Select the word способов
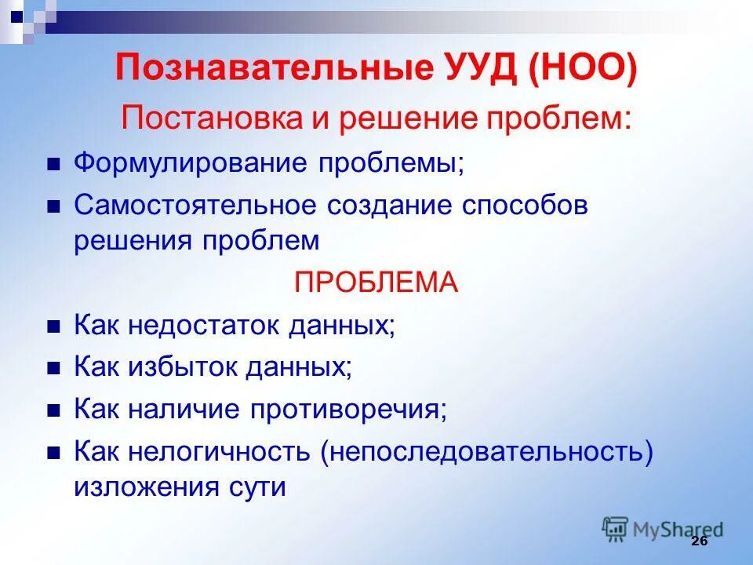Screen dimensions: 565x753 524,206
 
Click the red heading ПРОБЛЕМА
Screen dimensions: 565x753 376,282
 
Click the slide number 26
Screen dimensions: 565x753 700,542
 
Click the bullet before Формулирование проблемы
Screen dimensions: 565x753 53,165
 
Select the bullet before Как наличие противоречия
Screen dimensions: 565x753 53,410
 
